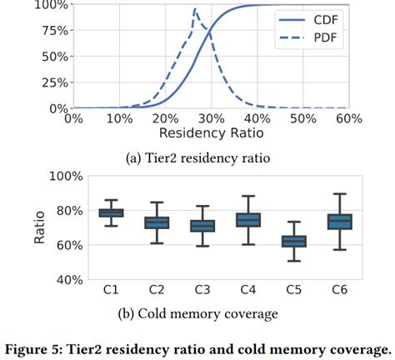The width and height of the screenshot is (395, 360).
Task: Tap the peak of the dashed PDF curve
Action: click(x=194, y=11)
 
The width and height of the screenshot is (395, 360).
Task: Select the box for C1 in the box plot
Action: click(x=110, y=213)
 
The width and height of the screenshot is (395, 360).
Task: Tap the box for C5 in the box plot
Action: click(x=293, y=242)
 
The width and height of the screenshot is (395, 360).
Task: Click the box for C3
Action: click(x=202, y=226)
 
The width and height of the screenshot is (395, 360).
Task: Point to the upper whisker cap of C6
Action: click(x=339, y=194)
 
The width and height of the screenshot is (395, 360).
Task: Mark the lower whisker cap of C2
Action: click(x=156, y=243)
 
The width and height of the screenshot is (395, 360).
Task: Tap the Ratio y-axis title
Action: click(x=39, y=227)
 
